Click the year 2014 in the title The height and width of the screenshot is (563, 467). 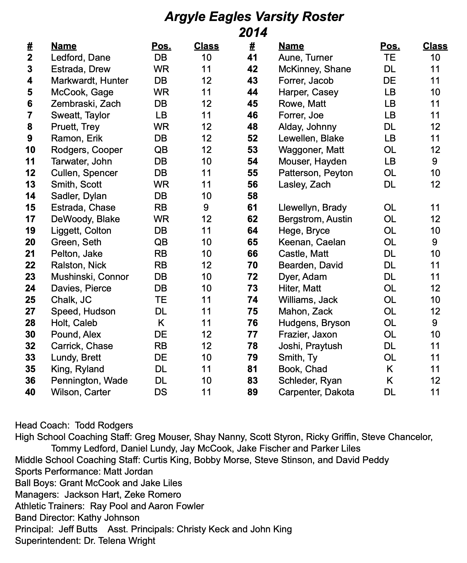(253, 33)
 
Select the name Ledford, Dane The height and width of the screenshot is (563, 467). (81, 58)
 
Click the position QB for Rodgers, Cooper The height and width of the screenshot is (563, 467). (161, 150)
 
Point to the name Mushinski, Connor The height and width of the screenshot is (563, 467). (90, 277)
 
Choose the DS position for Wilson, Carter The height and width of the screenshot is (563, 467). (161, 392)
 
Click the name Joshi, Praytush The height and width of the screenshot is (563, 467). (310, 346)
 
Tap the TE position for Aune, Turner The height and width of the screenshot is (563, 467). (390, 58)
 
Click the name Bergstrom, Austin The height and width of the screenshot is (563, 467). (315, 219)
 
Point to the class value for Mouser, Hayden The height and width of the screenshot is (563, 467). (435, 161)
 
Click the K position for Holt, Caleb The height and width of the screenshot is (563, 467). (161, 323)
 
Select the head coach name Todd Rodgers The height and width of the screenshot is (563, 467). (104, 425)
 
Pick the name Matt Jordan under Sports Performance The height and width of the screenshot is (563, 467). (128, 471)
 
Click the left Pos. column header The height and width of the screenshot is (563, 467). (161, 46)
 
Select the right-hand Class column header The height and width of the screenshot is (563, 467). (435, 46)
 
